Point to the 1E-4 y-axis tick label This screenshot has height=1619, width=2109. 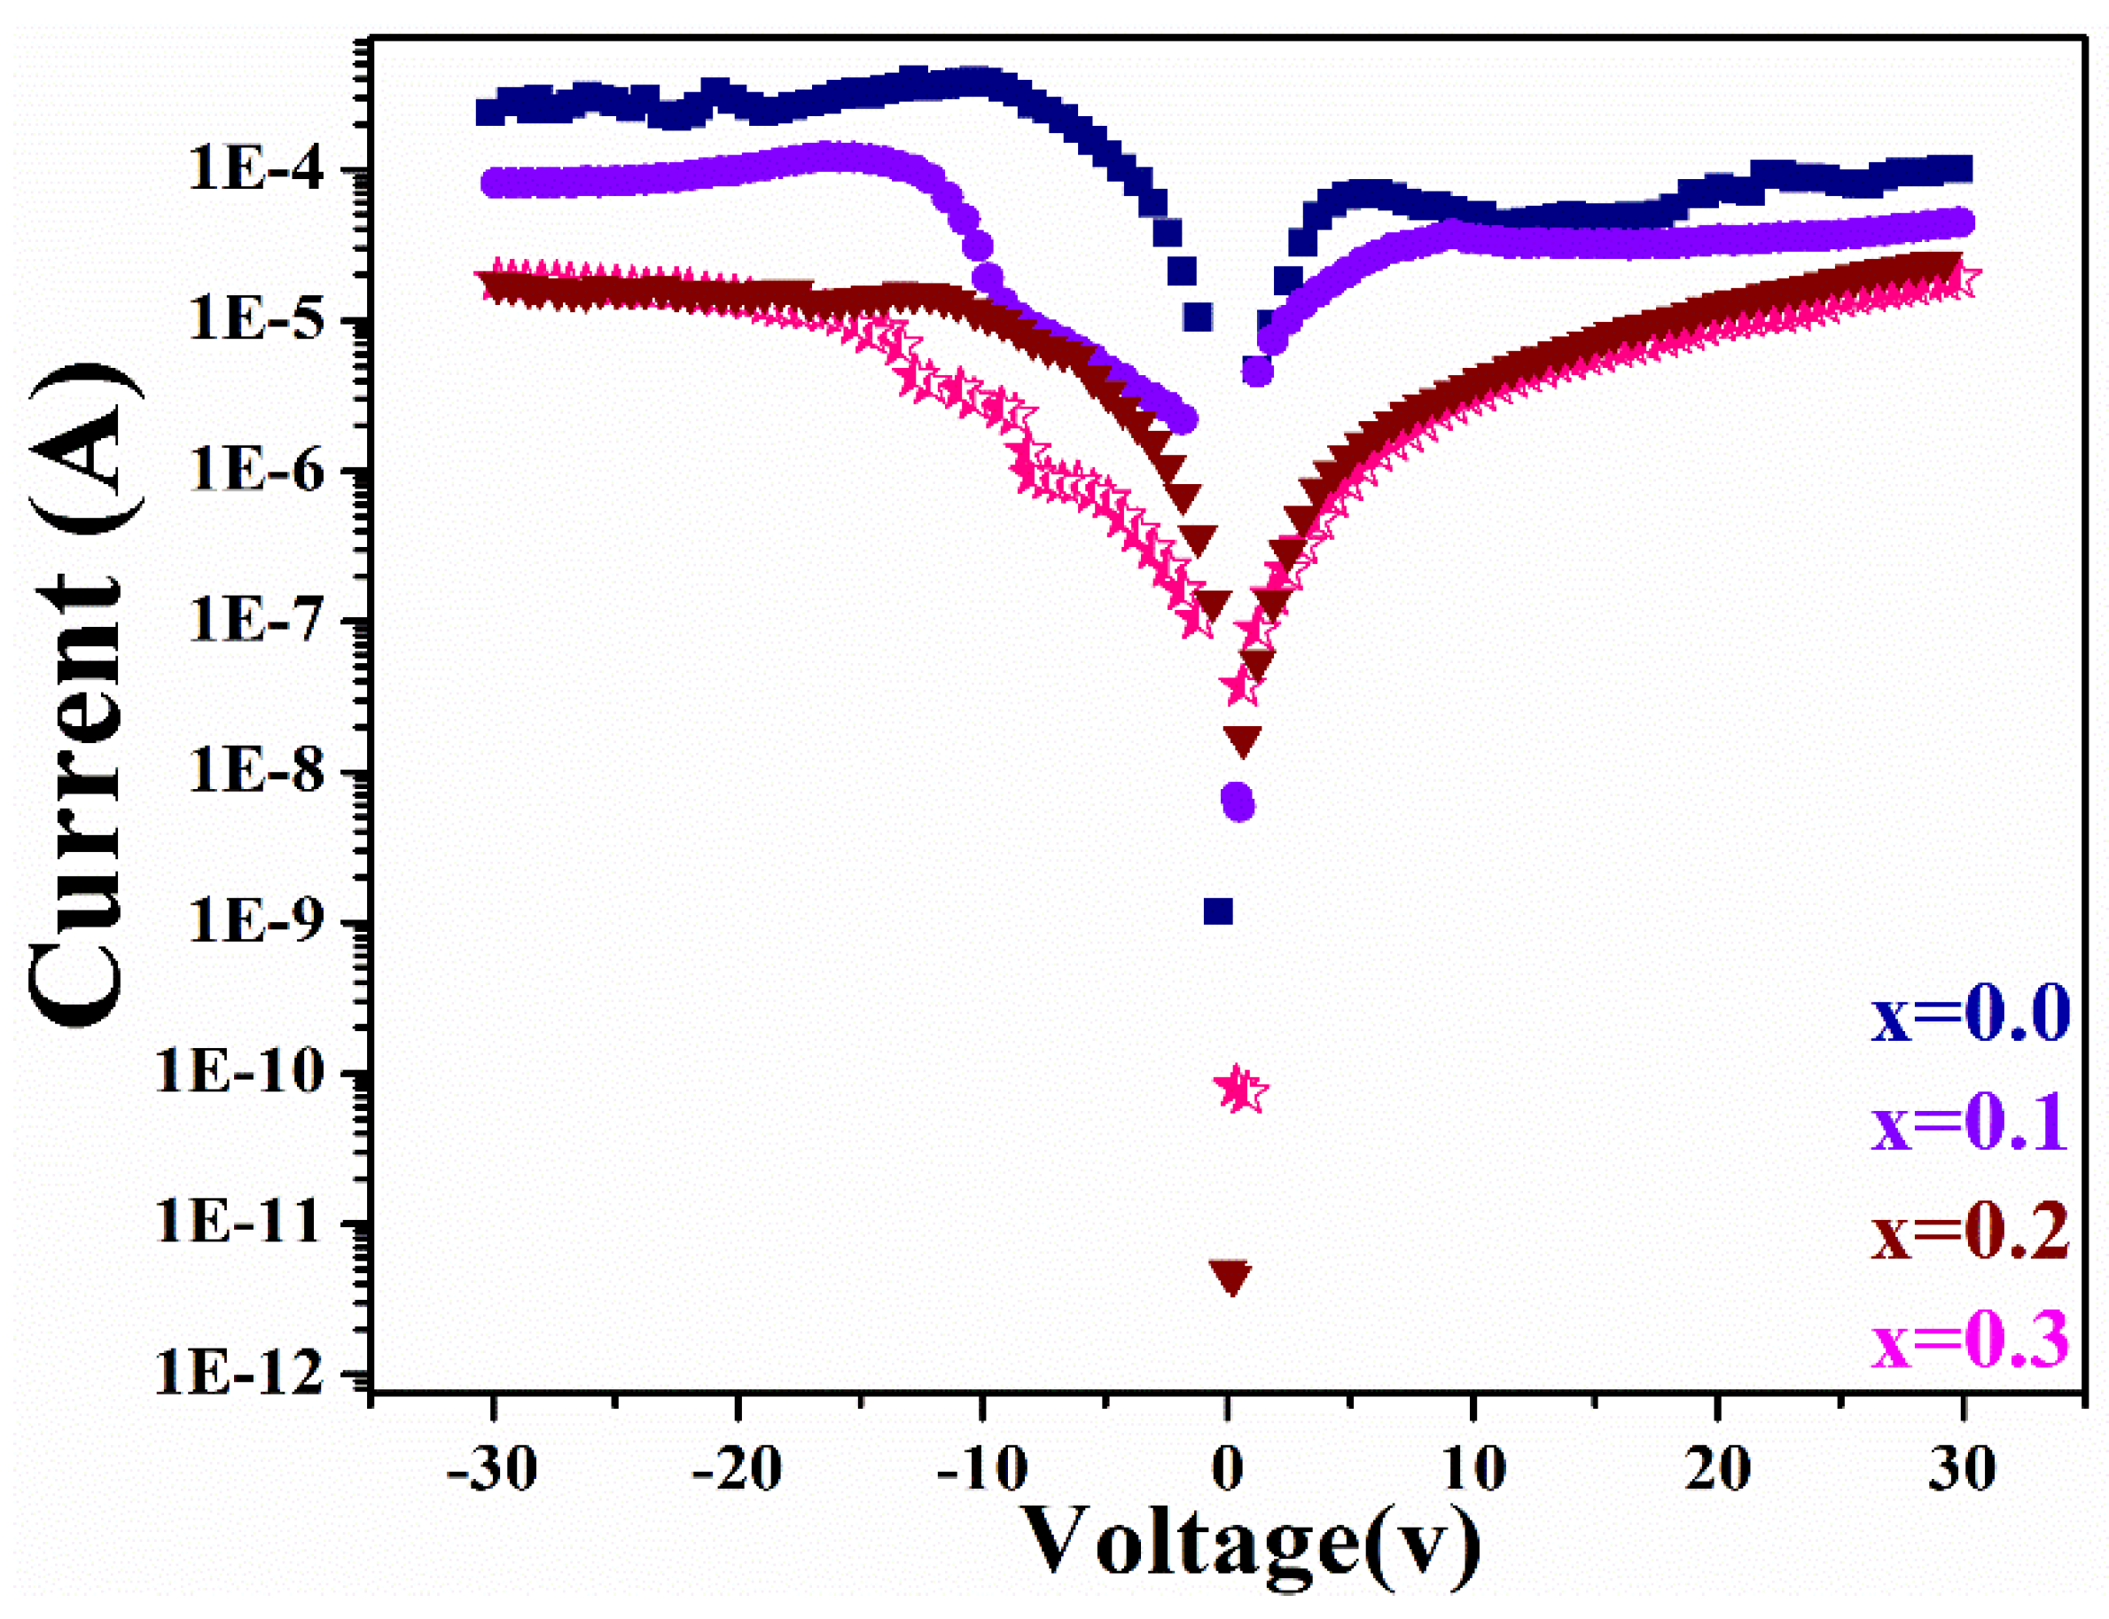click(x=255, y=170)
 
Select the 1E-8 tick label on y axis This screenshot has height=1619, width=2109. click(x=255, y=772)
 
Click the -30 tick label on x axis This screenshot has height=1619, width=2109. click(x=492, y=1471)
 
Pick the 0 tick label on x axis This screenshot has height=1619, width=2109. click(x=1226, y=1471)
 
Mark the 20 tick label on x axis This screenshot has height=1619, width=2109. click(x=1716, y=1471)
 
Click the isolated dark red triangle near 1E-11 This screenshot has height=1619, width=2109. click(x=1230, y=1275)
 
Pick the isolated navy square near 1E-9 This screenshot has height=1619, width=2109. click(x=1219, y=911)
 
